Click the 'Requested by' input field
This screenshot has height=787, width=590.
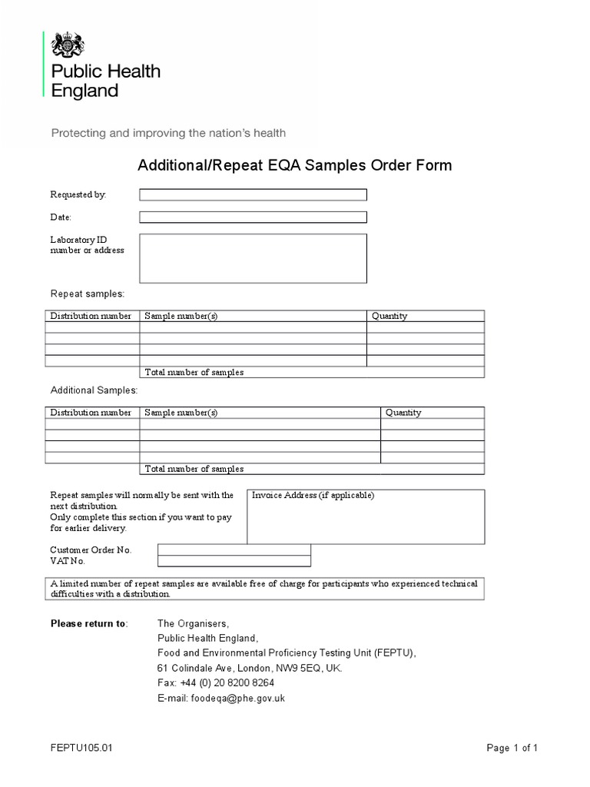click(253, 194)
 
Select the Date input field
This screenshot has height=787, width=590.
click(253, 218)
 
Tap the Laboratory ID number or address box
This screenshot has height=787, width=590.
click(253, 258)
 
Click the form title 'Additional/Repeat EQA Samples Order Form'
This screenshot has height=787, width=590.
click(294, 165)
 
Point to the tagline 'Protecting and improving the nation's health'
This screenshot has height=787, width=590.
click(168, 133)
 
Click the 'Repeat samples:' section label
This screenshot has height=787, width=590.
click(87, 294)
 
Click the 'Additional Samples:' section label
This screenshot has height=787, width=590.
click(94, 391)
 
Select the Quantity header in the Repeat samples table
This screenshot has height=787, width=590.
click(389, 316)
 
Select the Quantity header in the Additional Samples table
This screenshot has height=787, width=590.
click(403, 413)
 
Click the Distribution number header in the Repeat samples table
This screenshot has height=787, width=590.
click(91, 316)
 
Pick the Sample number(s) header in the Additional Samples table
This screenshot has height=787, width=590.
click(181, 413)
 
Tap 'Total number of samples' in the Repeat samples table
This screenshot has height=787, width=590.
click(194, 373)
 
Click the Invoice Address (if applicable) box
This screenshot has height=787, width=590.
click(365, 516)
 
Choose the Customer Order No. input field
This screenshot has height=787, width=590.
click(234, 550)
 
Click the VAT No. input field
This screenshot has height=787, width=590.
click(234, 560)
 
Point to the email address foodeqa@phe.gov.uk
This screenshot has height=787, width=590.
click(221, 699)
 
